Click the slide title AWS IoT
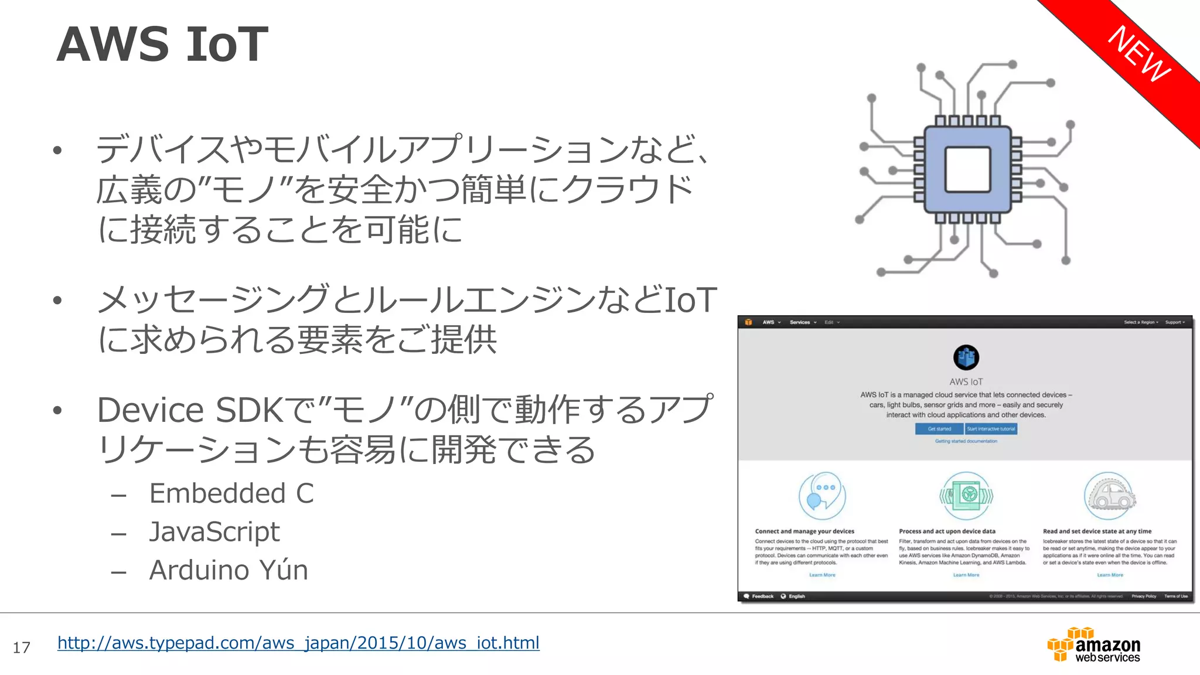point(162,45)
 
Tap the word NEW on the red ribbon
point(1139,54)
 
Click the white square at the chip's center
point(967,170)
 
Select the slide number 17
point(22,647)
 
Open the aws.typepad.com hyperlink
point(298,643)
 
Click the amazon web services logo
point(1094,645)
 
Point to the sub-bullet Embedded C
point(231,493)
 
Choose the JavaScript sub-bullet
point(214,532)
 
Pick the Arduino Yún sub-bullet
point(229,570)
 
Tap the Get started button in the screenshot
point(939,429)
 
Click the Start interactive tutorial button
point(991,429)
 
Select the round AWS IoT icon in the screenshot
point(966,357)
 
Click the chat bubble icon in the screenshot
point(822,496)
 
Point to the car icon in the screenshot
point(1109,496)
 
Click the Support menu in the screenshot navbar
point(1174,322)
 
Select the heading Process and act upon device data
point(947,531)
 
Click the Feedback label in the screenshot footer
point(762,596)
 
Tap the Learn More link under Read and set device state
point(1110,575)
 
